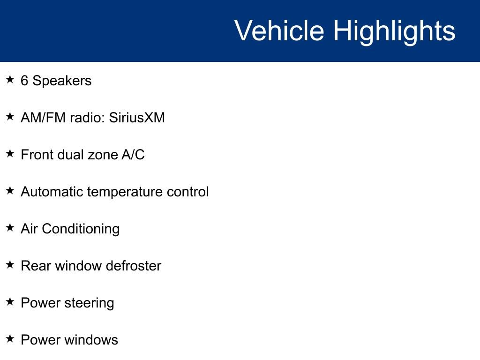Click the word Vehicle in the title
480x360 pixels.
279,31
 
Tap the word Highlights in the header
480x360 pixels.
394,31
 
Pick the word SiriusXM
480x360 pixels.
137,117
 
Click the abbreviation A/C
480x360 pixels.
133,155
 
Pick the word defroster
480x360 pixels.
134,266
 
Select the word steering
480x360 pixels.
89,303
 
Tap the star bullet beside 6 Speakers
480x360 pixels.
10,80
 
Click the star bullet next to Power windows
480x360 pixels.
10,339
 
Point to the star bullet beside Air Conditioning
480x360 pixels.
10,228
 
